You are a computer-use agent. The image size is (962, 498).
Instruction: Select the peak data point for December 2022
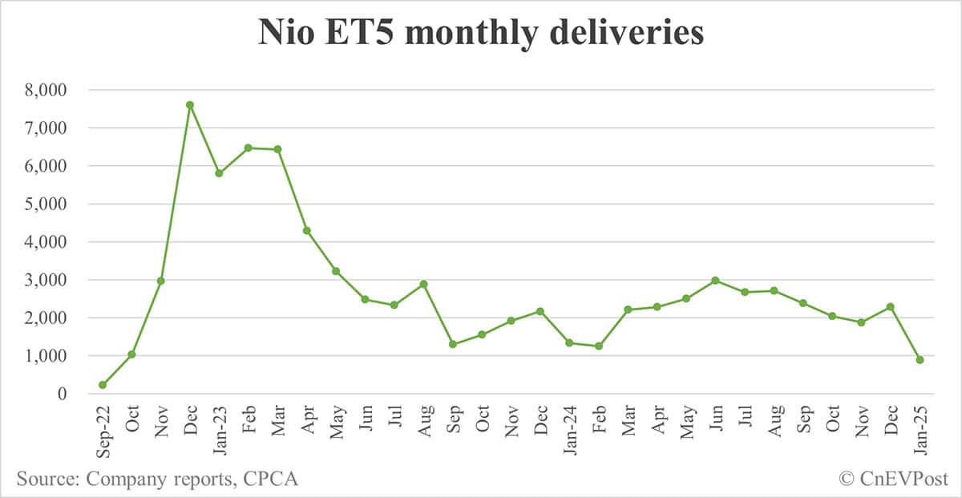190,105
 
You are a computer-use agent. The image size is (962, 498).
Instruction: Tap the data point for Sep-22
103,385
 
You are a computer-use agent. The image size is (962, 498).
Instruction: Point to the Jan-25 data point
920,360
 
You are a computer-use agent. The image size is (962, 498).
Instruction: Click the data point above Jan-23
219,173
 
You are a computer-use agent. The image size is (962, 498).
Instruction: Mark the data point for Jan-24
569,343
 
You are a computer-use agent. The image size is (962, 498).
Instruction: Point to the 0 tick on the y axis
61,394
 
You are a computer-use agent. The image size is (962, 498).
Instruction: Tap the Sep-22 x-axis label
103,431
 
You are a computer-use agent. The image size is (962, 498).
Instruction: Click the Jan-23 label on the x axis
220,431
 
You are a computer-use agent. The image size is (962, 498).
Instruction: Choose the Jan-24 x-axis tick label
570,431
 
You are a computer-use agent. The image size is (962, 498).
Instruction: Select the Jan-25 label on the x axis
920,431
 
